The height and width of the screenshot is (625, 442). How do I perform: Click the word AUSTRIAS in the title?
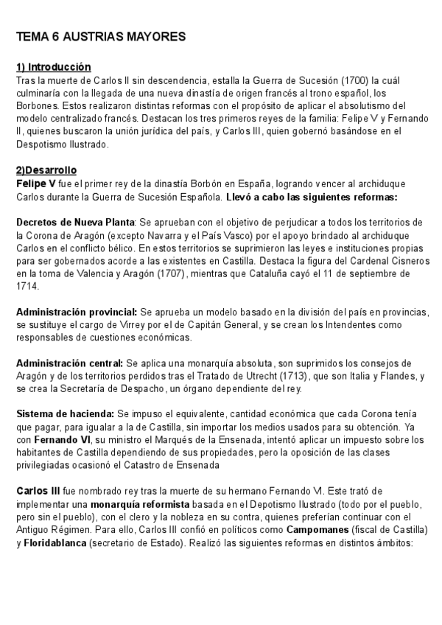click(95, 36)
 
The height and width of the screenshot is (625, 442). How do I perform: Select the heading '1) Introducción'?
click(53, 66)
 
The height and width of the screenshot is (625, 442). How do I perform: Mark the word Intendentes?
click(336, 325)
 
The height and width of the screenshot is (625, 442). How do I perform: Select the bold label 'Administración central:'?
click(70, 364)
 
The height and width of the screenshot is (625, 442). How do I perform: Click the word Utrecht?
click(248, 377)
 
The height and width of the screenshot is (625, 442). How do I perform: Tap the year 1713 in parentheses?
click(282, 377)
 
